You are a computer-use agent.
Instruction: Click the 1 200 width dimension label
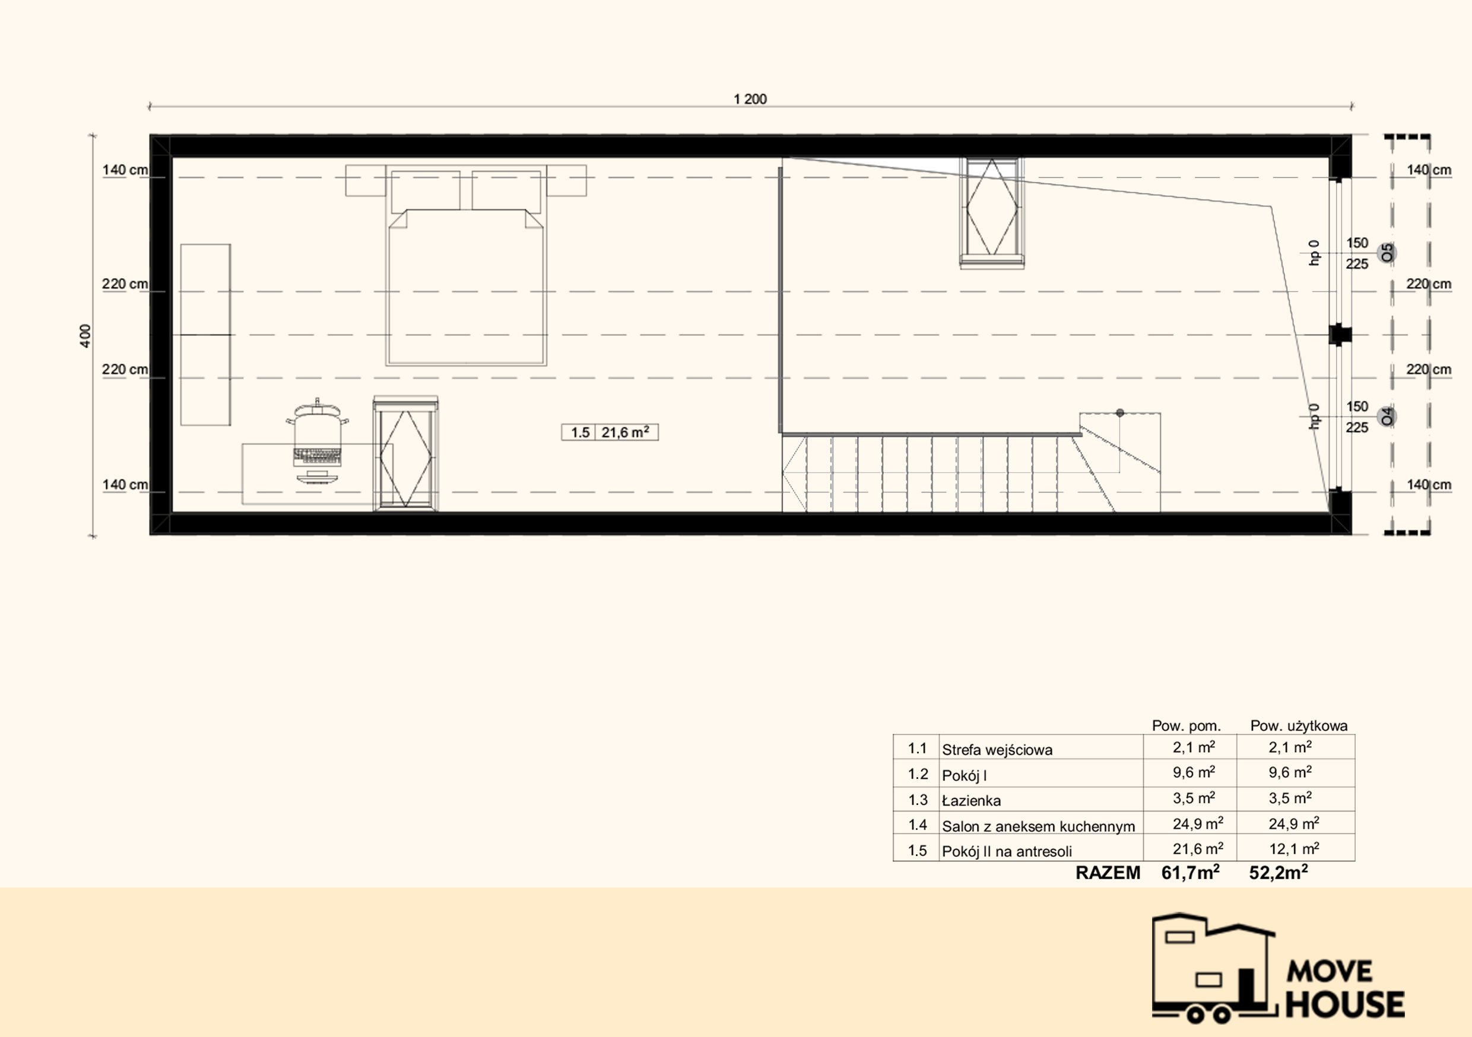750,98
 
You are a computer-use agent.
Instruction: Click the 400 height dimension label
85,335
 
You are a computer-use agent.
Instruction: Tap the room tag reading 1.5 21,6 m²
610,432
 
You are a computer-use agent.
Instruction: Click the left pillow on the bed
425,190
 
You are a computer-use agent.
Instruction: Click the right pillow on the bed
506,190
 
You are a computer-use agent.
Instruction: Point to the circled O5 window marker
1387,253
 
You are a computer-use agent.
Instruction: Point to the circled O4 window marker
1387,416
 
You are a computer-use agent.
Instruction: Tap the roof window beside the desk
406,454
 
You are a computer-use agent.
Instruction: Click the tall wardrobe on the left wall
205,335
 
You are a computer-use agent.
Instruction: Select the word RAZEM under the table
1108,873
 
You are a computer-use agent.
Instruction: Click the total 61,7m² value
1191,872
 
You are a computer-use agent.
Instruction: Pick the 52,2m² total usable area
1279,872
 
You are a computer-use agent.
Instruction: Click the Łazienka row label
971,800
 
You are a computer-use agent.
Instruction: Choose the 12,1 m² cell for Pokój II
1294,848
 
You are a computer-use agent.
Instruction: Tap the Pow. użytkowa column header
1299,726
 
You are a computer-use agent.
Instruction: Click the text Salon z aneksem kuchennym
1038,826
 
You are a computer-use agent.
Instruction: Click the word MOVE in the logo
1330,971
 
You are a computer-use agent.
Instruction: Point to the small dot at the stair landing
1120,413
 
